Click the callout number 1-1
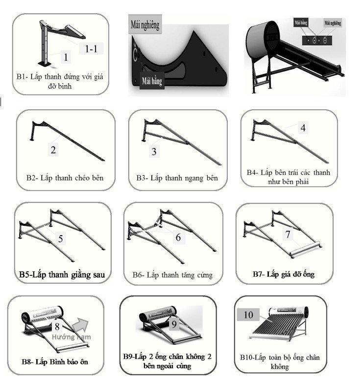(91, 48)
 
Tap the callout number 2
(53, 150)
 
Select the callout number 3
(154, 152)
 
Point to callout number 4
(303, 128)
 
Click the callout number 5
(60, 239)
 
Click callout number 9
(173, 324)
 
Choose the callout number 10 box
(248, 314)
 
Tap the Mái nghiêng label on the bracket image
(145, 24)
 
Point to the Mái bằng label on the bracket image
(151, 81)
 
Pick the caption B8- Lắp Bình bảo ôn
(56, 362)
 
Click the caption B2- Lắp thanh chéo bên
(65, 177)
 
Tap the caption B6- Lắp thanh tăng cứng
(172, 275)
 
